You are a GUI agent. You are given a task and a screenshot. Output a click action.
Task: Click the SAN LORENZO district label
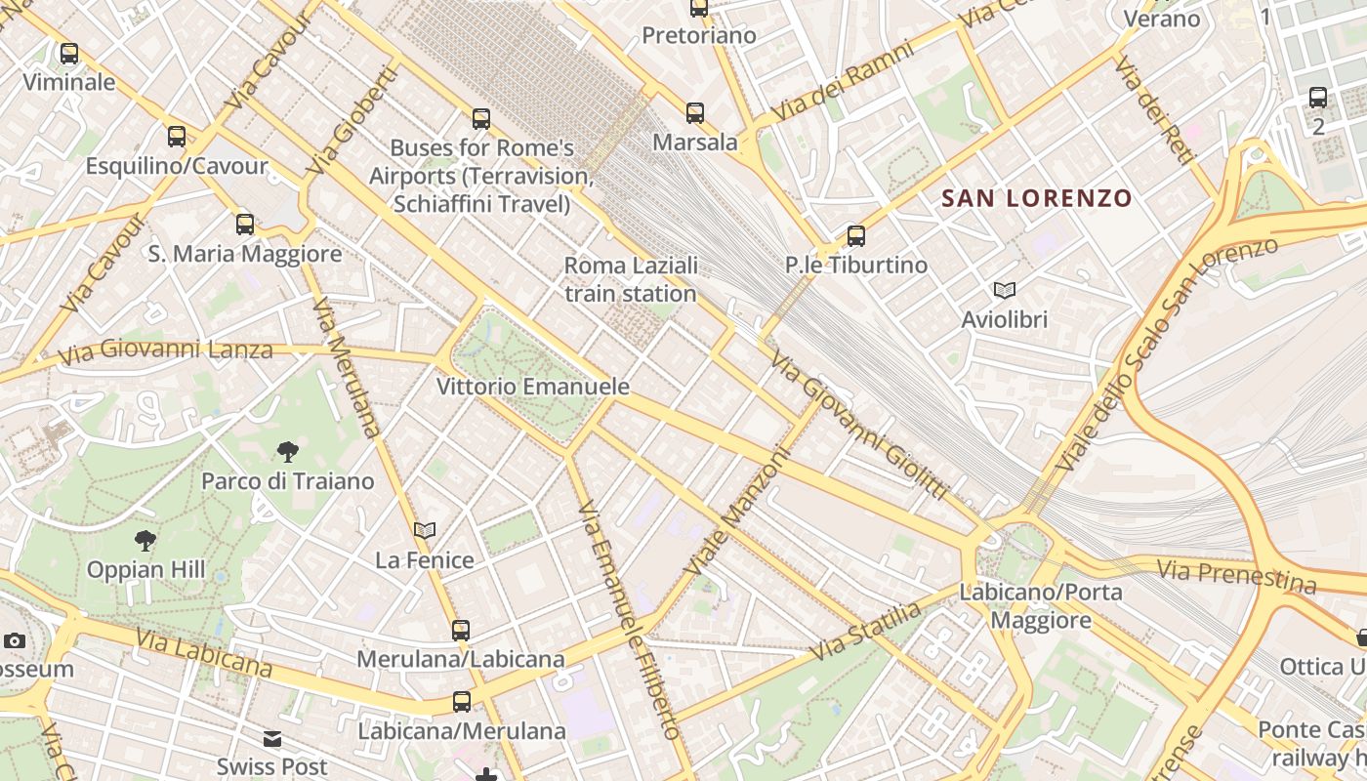(x=1036, y=198)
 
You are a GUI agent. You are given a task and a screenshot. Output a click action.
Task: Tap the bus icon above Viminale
(x=69, y=54)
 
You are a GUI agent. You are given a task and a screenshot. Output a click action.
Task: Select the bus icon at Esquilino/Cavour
(x=177, y=137)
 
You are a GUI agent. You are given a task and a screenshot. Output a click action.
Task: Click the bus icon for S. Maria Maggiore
(x=245, y=225)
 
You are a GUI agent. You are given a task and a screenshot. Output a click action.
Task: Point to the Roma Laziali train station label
(x=631, y=279)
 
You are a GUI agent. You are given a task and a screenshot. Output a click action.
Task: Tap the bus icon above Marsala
(x=695, y=113)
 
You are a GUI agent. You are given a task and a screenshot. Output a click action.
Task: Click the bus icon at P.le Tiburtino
(x=856, y=235)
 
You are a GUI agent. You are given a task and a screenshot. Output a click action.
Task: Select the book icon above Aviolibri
(x=1004, y=290)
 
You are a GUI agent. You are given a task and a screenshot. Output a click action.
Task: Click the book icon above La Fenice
(x=425, y=531)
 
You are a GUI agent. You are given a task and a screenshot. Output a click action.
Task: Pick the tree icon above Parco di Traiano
(x=287, y=451)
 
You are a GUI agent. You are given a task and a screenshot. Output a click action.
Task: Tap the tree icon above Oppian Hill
(x=145, y=539)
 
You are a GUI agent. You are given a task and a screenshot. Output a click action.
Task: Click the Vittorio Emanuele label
(x=532, y=387)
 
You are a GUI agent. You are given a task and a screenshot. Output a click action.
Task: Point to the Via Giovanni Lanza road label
(x=165, y=349)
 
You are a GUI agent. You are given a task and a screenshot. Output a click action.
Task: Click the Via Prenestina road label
(x=1236, y=575)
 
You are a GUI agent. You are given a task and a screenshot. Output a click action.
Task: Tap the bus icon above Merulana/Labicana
(x=461, y=631)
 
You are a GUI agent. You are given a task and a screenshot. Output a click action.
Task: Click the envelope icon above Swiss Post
(x=272, y=739)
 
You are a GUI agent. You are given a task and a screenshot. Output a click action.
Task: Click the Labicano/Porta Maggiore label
(x=1041, y=605)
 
